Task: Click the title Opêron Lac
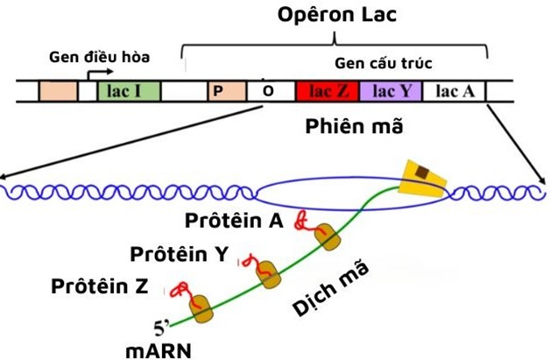click(x=335, y=16)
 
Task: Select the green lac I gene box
click(x=123, y=91)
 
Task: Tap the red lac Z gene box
click(x=324, y=91)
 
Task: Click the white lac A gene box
click(x=455, y=91)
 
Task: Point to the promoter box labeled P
click(x=217, y=91)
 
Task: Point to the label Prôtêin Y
click(x=180, y=254)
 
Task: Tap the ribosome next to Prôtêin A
click(x=328, y=236)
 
